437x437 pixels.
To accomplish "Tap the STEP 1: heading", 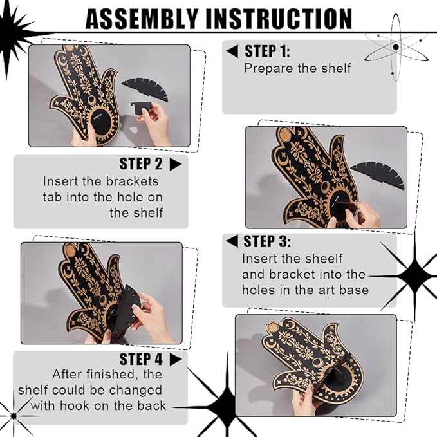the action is [x=267, y=51].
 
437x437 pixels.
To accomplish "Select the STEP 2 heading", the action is [x=141, y=163].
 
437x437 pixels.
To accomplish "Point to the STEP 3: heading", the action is [x=266, y=241].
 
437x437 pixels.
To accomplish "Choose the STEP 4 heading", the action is [x=141, y=359].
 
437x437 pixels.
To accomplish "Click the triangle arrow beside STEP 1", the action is [x=232, y=51].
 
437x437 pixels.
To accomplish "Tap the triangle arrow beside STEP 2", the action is [x=176, y=164].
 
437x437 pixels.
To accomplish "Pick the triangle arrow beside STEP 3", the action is [x=232, y=241].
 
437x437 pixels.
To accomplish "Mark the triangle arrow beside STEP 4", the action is [x=176, y=360].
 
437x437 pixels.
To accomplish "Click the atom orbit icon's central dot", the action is [x=396, y=47].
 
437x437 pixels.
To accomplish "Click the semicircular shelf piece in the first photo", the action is [x=145, y=88].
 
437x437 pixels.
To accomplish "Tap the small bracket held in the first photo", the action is [x=141, y=107].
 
